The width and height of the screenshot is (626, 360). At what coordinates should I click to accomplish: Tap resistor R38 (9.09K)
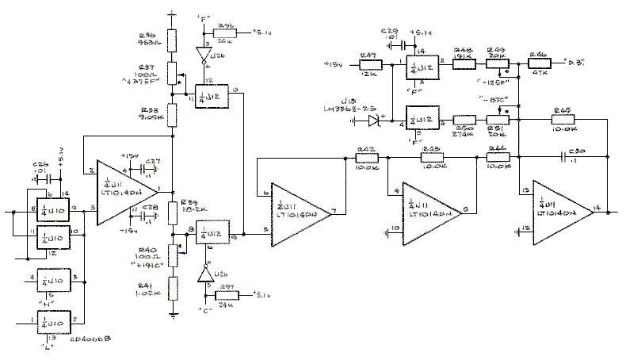coord(171,116)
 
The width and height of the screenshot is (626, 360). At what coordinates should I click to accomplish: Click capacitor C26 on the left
coord(36,181)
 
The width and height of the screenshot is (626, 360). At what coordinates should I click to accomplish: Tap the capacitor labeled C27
coord(147,169)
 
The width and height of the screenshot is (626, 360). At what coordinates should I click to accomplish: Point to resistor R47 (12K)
coord(368,63)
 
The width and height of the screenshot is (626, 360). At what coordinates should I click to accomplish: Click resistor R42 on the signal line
coord(366,157)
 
